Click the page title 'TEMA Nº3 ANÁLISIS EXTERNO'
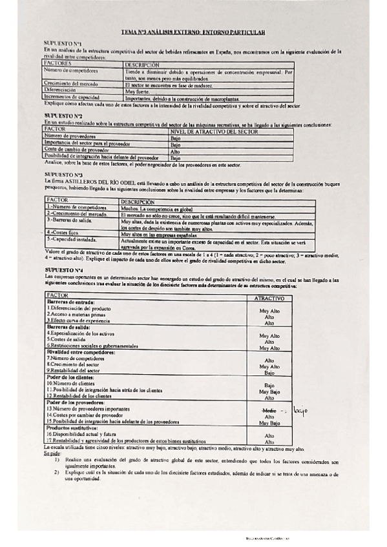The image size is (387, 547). pos(193,32)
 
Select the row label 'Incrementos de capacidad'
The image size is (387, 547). pos(72,97)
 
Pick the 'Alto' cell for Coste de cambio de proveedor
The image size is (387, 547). pos(175,152)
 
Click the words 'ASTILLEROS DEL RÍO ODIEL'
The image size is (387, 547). pos(92,182)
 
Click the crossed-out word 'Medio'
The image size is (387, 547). pos(269,410)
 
